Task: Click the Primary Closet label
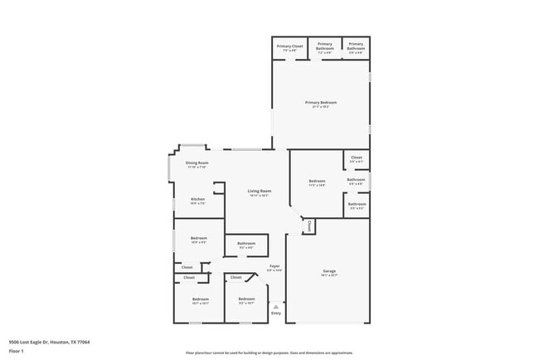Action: coord(289,47)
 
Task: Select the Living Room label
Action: coord(259,193)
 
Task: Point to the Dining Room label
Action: coord(197,164)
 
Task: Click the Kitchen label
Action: coord(198,201)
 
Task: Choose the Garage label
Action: coord(329,272)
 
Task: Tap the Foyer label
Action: coord(274,268)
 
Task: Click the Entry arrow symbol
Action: coord(276,305)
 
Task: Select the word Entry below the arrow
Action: coord(276,314)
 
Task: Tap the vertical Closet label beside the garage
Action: coord(308,226)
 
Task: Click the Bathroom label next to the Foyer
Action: coord(245,245)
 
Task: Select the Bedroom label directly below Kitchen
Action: coord(199,240)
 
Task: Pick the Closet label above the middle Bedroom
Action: coord(236,277)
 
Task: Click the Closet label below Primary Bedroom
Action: coord(357,158)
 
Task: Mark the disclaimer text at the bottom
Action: coord(269,353)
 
